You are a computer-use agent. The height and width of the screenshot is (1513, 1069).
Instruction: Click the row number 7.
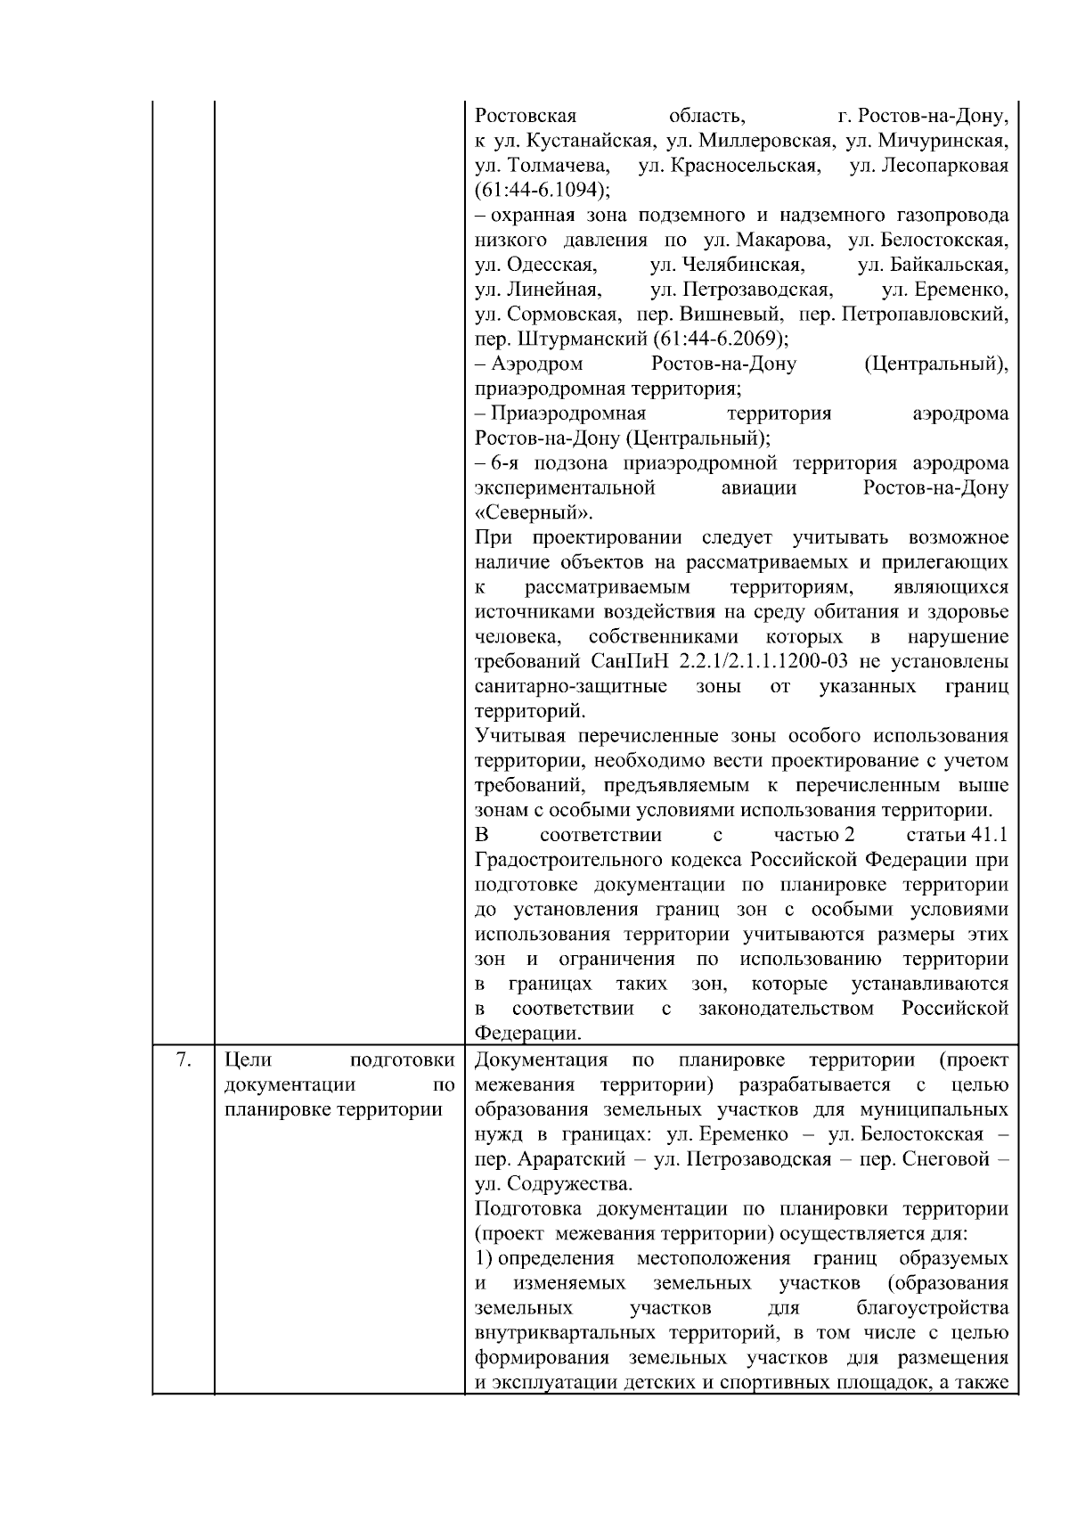[184, 1060]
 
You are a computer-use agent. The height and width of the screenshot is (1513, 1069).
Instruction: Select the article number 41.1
[990, 836]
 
